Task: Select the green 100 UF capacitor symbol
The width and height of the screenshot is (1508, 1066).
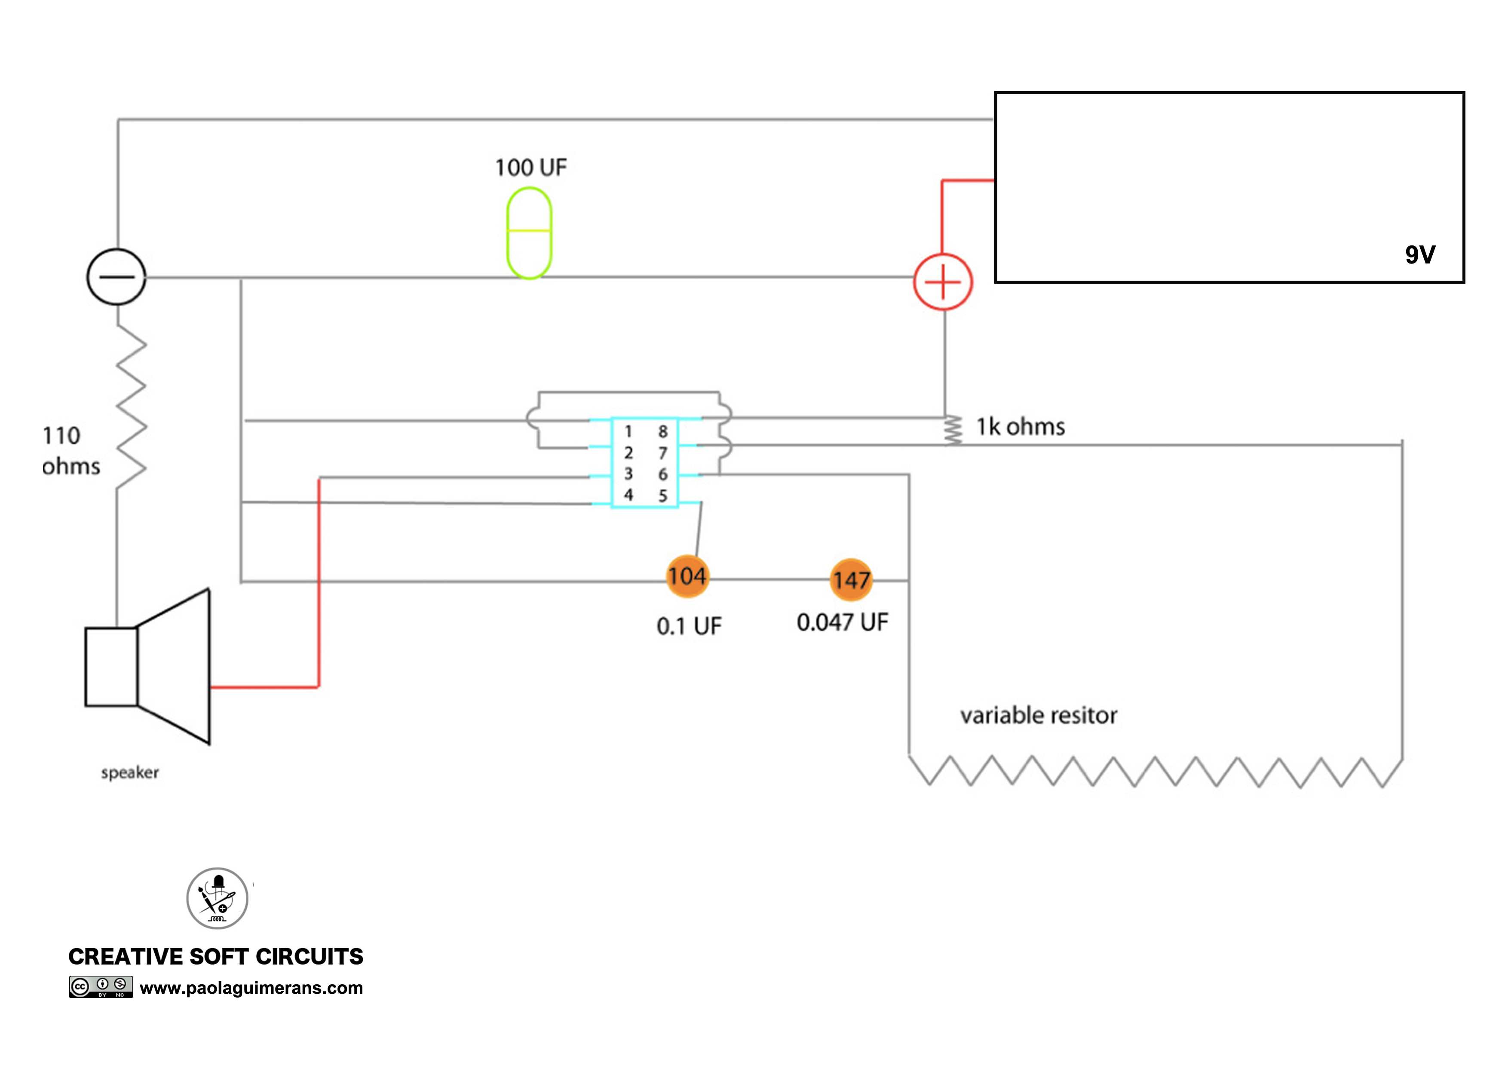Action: click(x=529, y=233)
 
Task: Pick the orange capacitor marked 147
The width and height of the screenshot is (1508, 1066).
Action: click(x=851, y=580)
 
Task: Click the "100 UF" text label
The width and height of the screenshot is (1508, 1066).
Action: click(x=531, y=168)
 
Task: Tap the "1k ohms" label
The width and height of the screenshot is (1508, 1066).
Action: click(x=1021, y=427)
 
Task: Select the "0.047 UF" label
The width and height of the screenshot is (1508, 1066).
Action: click(x=843, y=622)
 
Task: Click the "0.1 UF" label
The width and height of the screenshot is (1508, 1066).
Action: click(x=689, y=626)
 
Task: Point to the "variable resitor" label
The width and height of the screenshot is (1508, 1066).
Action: click(x=1039, y=715)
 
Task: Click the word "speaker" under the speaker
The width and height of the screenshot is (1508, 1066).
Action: click(x=130, y=773)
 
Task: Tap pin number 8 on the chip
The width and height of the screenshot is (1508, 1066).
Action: click(x=663, y=432)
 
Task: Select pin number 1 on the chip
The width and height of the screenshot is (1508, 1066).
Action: click(x=628, y=432)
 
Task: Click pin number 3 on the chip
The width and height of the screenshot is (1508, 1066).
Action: click(x=628, y=474)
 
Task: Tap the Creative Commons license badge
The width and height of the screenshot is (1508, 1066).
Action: click(x=101, y=986)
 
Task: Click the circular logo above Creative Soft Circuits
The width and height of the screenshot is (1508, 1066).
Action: click(x=218, y=898)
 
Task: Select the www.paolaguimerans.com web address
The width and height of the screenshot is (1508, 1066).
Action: click(x=251, y=988)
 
